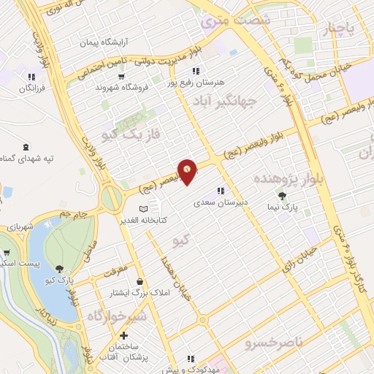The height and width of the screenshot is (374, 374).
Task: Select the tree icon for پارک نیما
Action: coord(282,195)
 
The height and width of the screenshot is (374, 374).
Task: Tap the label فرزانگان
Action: coord(31,89)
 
